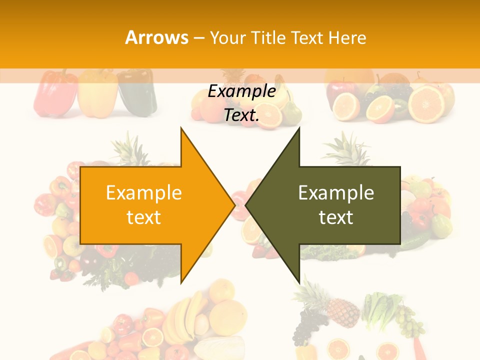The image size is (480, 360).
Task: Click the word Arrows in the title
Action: (x=156, y=37)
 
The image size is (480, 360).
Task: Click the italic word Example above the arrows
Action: (x=241, y=91)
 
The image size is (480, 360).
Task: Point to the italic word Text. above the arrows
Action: (x=241, y=115)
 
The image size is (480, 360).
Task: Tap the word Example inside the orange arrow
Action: (x=144, y=192)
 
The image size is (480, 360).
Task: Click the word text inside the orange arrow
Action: (x=144, y=217)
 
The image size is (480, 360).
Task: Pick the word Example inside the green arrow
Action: (x=336, y=192)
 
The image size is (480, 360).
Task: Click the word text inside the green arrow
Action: (x=336, y=217)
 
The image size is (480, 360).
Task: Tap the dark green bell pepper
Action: (x=137, y=92)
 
